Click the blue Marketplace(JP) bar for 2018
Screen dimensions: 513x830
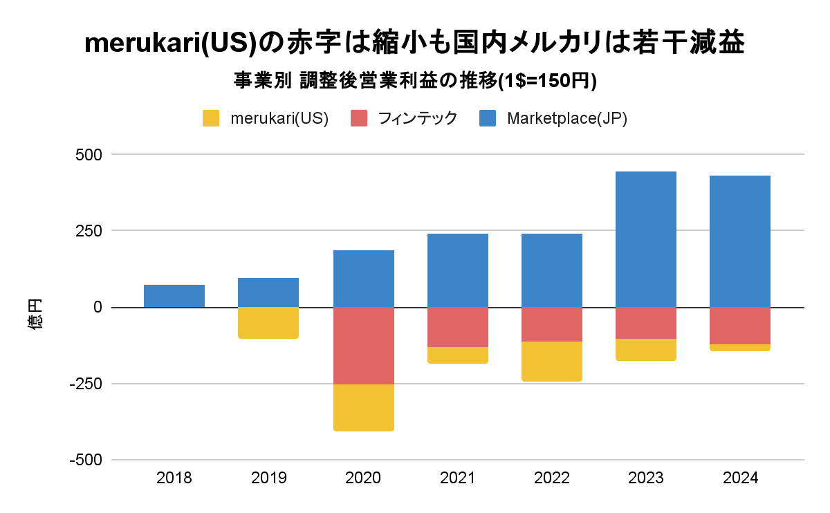(174, 296)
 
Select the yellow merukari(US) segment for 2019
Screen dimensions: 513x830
(268, 323)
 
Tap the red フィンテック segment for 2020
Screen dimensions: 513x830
(364, 346)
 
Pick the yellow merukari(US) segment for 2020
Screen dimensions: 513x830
(364, 408)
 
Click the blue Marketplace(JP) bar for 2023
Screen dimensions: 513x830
(646, 239)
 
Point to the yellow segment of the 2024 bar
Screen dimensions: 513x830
(740, 348)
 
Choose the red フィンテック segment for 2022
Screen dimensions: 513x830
(552, 324)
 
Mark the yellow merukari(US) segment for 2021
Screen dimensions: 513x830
(458, 355)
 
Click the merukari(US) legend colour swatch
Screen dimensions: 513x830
(211, 118)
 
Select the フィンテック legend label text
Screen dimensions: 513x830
(418, 118)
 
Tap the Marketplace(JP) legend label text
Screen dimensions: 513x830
(566, 118)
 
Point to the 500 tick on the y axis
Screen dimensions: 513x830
(88, 155)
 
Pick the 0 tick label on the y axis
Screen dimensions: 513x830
(98, 307)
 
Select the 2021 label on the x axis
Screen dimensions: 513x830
(458, 478)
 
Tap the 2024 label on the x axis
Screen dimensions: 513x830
(740, 478)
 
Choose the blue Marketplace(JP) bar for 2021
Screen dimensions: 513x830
(458, 270)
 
